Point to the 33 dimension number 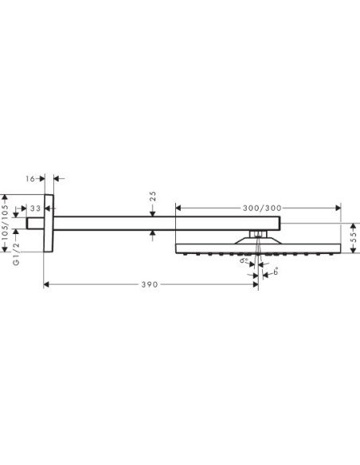coord(34,210)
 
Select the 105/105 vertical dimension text coord(6,220)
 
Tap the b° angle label coord(275,272)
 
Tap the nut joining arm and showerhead coord(257,233)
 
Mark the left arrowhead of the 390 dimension coord(45,283)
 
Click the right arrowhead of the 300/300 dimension coord(280,207)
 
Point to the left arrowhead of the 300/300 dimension coord(178,207)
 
